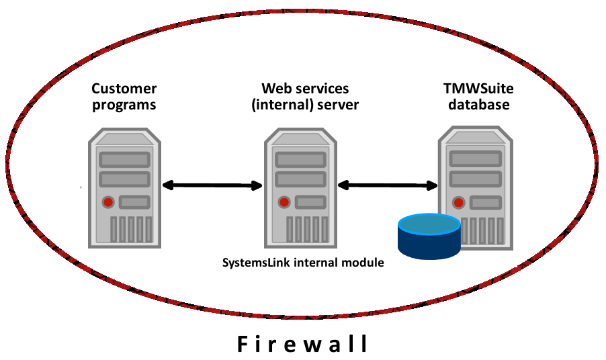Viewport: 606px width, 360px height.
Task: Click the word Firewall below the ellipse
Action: [303, 344]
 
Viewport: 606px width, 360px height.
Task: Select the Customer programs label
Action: [124, 97]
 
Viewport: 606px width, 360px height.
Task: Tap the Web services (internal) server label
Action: [305, 97]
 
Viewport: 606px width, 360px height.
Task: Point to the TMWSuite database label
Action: [479, 97]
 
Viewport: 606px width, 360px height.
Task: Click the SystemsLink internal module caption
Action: [303, 263]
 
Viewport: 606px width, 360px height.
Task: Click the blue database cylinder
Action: [429, 236]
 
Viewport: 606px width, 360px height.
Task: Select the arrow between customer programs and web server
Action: [211, 185]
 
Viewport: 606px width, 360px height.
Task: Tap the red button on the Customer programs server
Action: [107, 202]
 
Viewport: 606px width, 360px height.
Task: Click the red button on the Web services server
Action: [284, 201]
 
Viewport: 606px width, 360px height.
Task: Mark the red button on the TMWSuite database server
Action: [459, 201]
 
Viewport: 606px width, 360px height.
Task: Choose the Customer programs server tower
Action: [124, 188]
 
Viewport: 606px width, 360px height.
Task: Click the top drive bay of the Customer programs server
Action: [124, 160]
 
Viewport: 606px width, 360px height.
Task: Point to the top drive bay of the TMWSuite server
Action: [475, 159]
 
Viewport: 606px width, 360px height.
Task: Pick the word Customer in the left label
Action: [124, 89]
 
